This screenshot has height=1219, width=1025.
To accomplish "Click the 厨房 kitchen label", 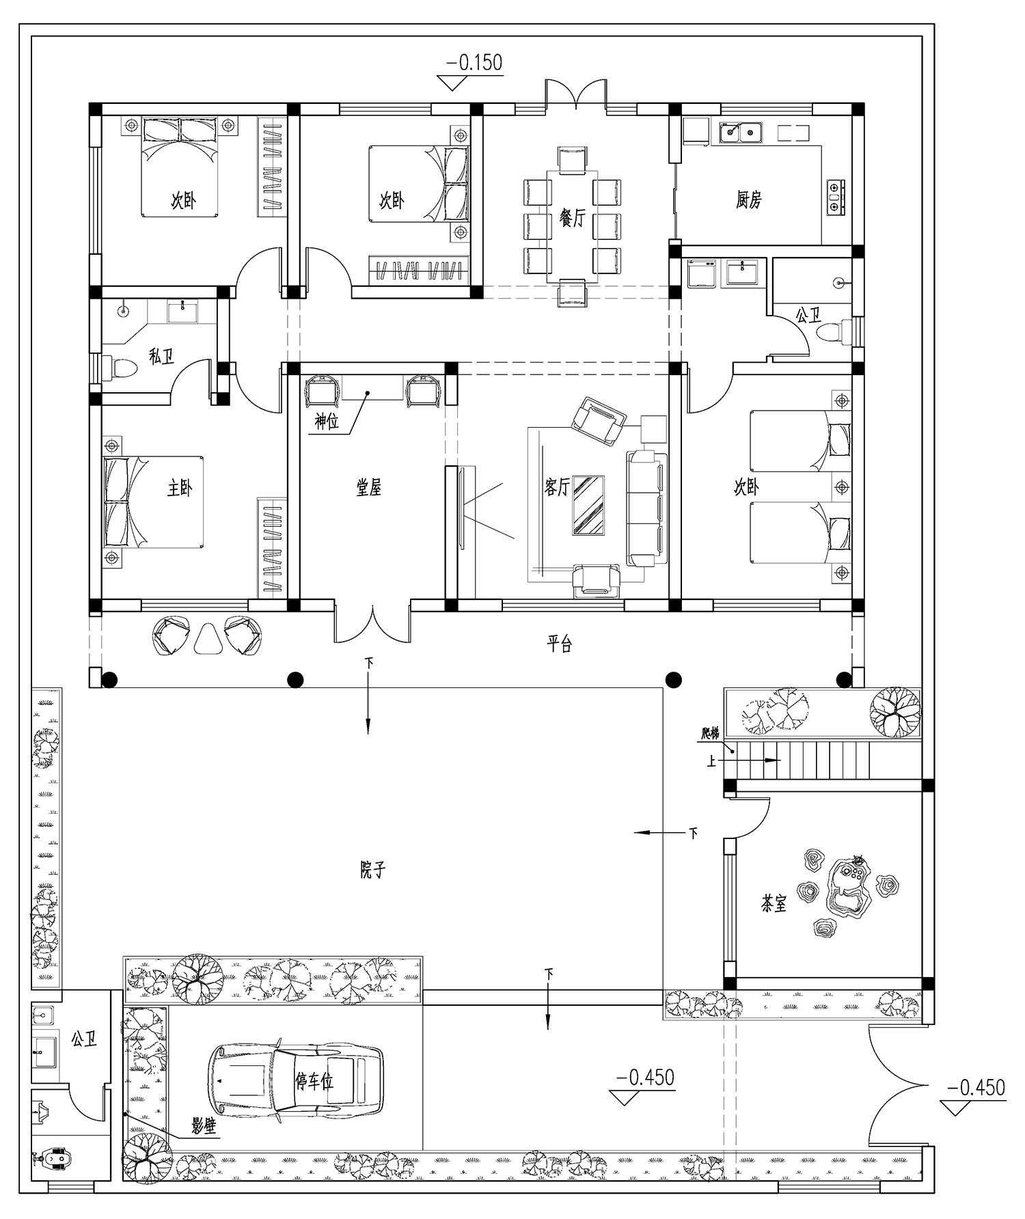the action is [x=749, y=200].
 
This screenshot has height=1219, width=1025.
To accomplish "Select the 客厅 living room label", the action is [x=558, y=487].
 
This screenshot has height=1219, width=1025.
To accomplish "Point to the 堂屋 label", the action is [x=369, y=487].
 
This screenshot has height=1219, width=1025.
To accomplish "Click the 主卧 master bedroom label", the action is [x=180, y=489].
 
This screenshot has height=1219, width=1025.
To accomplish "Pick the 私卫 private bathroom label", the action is [x=161, y=356].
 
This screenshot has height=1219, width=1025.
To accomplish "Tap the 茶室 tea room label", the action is [x=774, y=904].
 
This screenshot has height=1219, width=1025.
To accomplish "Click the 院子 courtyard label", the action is [x=373, y=870].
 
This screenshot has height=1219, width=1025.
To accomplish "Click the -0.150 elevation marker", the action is [x=474, y=63].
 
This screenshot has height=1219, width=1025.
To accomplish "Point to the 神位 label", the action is [x=327, y=422].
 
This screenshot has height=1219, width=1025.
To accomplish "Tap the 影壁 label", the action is [x=203, y=1126].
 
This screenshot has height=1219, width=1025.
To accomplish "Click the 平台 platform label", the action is [x=559, y=644].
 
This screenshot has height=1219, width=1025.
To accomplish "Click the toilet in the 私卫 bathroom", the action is [x=120, y=368].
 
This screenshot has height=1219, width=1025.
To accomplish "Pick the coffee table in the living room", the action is [x=588, y=505].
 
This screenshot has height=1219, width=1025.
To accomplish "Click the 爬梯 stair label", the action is [x=711, y=733].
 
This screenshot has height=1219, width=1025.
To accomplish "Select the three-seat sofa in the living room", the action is [x=647, y=509].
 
